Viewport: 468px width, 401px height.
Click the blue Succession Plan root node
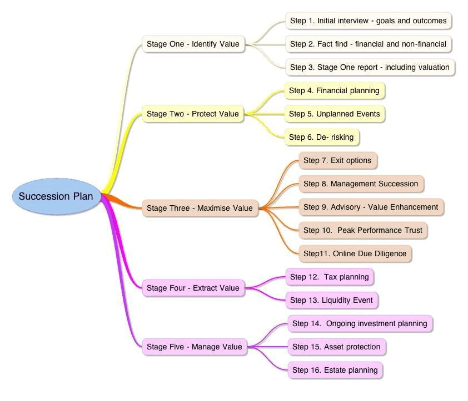[56, 196]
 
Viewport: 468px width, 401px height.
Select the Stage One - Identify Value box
[193, 44]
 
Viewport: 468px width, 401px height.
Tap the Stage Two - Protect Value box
[193, 114]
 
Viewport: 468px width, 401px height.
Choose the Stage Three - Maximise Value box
[200, 208]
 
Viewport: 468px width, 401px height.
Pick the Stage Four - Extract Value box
[193, 288]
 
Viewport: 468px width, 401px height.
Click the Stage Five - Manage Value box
[195, 347]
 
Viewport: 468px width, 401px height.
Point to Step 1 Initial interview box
[368, 21]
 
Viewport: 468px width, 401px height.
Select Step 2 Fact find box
[368, 44]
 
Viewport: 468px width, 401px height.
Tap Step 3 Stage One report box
[370, 67]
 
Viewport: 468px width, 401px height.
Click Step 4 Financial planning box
[334, 90]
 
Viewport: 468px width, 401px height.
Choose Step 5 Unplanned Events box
[335, 114]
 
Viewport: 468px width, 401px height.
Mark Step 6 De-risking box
[321, 137]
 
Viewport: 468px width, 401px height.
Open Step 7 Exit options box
[337, 161]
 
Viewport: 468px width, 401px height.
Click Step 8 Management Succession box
[361, 184]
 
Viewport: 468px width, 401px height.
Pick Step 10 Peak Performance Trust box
[363, 230]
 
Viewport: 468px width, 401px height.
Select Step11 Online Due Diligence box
[355, 253]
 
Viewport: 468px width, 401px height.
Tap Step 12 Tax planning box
[330, 277]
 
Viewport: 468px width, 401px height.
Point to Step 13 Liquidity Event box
[332, 300]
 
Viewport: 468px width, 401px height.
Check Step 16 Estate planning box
[335, 370]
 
